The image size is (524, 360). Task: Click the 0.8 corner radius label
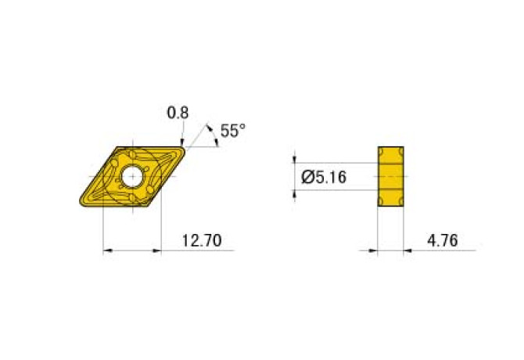(178, 113)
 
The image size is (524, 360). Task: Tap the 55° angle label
(232, 131)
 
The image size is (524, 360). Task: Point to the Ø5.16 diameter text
(325, 178)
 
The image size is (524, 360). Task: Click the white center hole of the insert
(131, 176)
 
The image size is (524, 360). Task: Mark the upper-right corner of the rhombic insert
(185, 147)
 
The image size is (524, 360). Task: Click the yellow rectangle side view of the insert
(390, 177)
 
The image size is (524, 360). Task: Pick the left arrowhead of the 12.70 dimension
(106, 251)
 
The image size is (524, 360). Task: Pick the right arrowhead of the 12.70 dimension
(157, 251)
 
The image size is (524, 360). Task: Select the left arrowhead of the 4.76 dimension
(373, 251)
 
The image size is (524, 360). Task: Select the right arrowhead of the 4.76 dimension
(409, 251)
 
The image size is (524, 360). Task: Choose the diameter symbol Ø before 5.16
(307, 178)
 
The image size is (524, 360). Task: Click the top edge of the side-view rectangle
(390, 146)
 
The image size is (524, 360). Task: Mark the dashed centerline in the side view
(390, 177)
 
